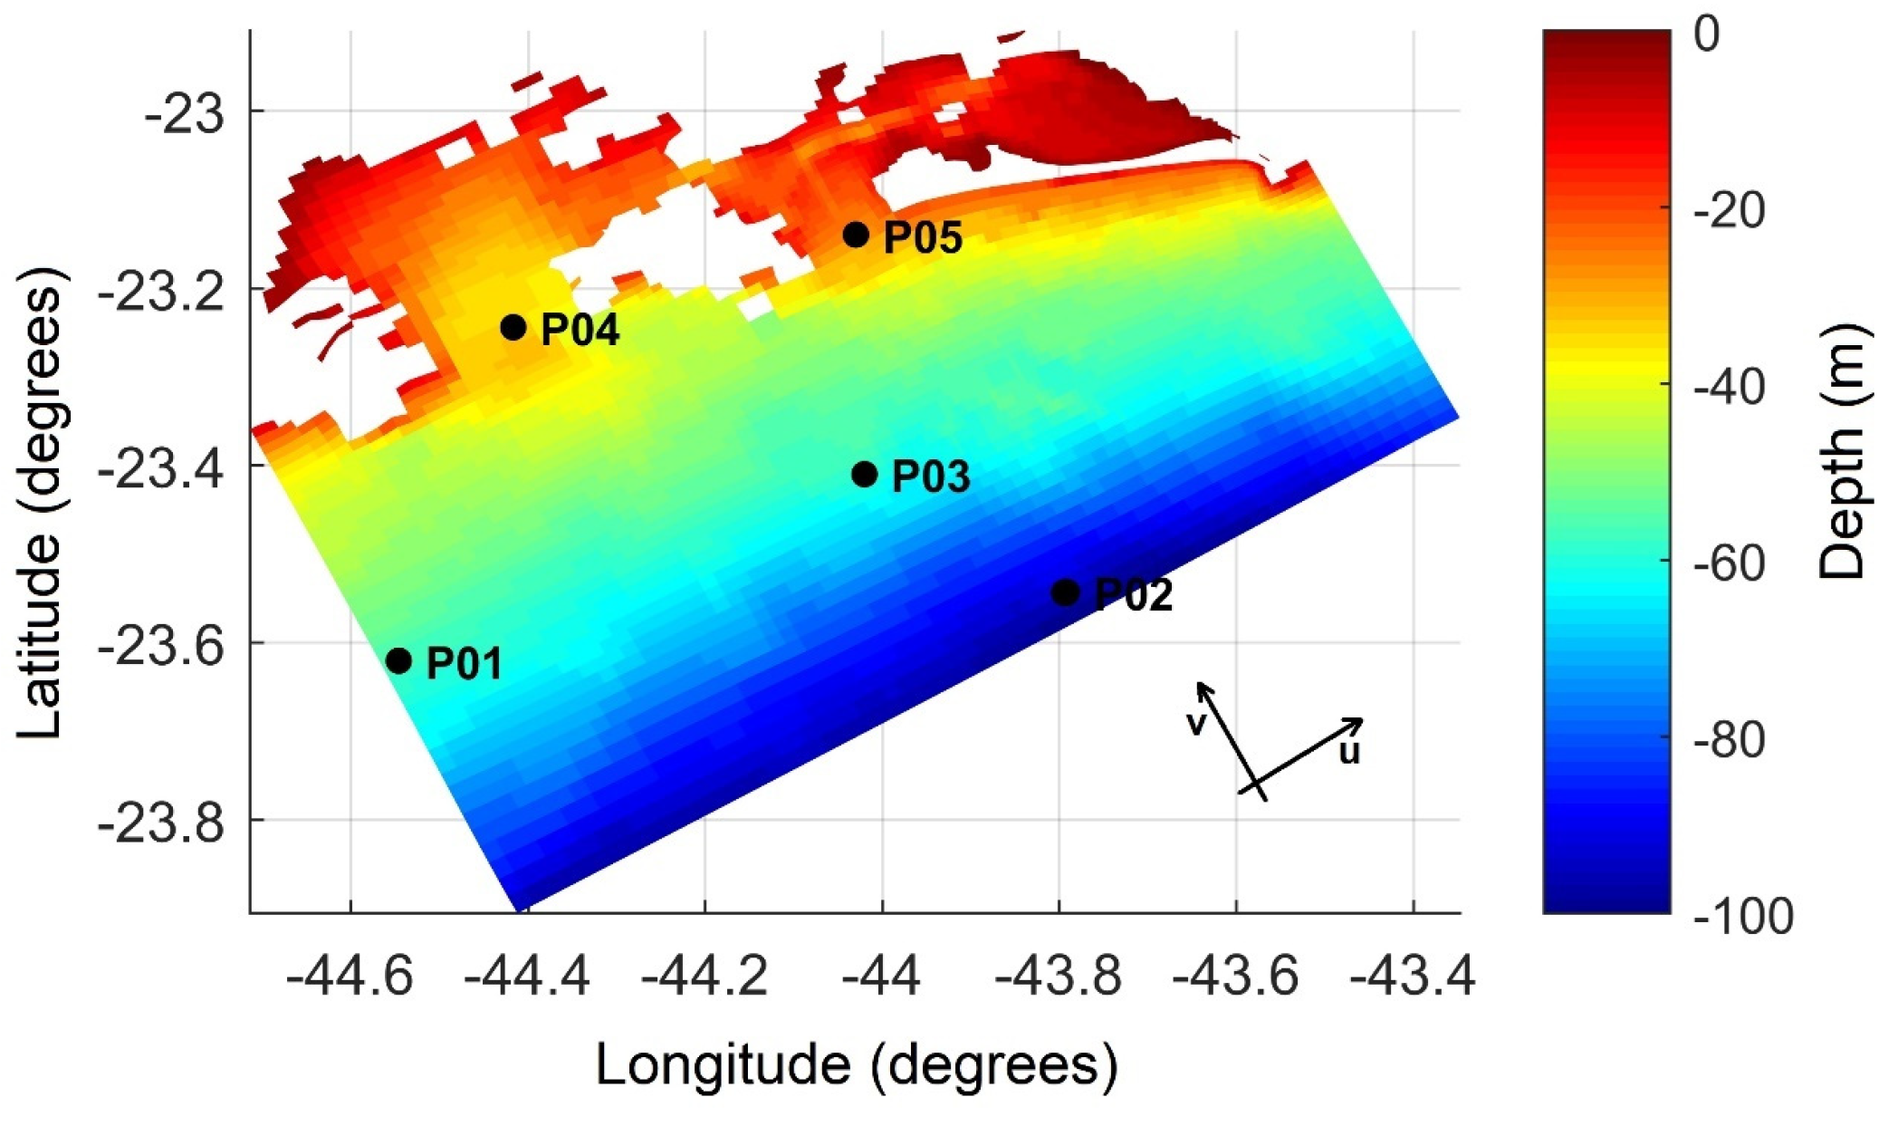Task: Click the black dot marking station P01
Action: click(398, 660)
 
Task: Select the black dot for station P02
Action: click(1066, 592)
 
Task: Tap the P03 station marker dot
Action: click(865, 474)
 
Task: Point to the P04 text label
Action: click(580, 330)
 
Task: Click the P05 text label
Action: click(922, 237)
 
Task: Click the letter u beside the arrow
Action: click(1349, 752)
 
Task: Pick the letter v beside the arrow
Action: click(1196, 723)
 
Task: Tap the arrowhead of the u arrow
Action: click(1357, 722)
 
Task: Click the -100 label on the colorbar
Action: click(1743, 917)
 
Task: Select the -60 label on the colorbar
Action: click(1730, 563)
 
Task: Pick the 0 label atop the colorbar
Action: click(1706, 36)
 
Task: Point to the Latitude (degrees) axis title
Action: click(41, 503)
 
